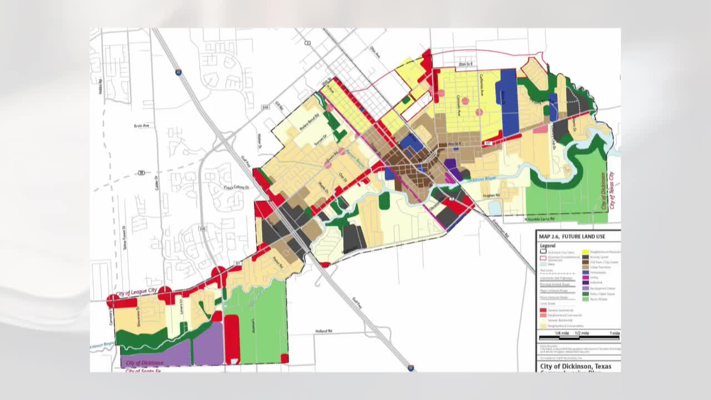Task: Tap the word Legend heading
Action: (x=547, y=246)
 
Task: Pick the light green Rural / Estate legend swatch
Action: (x=585, y=299)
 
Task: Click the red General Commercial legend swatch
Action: (x=543, y=309)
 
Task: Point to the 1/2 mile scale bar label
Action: (x=582, y=333)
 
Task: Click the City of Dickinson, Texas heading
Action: (x=575, y=367)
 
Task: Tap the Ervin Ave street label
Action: (x=142, y=126)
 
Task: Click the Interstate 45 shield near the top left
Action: (x=179, y=72)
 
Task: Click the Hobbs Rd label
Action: (x=101, y=86)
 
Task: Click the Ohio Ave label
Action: (x=375, y=52)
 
